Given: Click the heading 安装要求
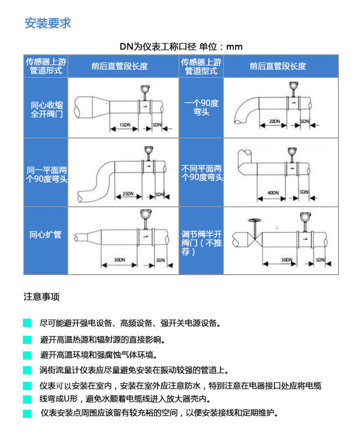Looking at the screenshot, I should tap(48, 23).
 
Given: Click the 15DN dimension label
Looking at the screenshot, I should tap(124, 125).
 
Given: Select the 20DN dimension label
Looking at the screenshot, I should tap(274, 121).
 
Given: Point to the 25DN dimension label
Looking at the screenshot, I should tap(128, 194).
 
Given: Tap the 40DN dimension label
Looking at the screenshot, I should tap(273, 193).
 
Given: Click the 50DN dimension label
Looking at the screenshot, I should tap(287, 260).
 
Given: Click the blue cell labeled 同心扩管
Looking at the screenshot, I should tap(45, 235).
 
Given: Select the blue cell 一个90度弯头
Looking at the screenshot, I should tap(201, 107).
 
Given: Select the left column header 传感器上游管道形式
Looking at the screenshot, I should tap(45, 66).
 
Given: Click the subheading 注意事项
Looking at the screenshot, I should tap(42, 297).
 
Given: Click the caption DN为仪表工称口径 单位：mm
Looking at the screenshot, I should tap(181, 47).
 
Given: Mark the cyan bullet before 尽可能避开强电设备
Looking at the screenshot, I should tap(27, 323).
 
